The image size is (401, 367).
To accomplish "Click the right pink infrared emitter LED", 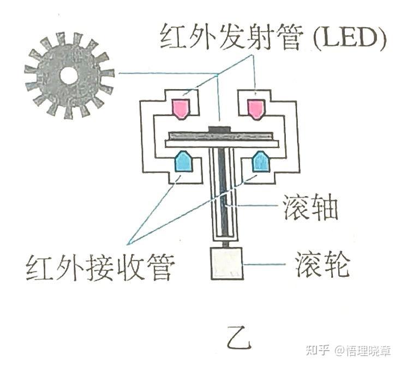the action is (255, 108).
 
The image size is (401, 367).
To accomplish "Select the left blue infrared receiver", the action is (182, 161).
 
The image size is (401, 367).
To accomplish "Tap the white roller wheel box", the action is (226, 264).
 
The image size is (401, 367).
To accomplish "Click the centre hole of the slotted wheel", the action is (68, 76).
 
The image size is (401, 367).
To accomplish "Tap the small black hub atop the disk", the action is (220, 129).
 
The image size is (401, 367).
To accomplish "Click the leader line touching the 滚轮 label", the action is (264, 264).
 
